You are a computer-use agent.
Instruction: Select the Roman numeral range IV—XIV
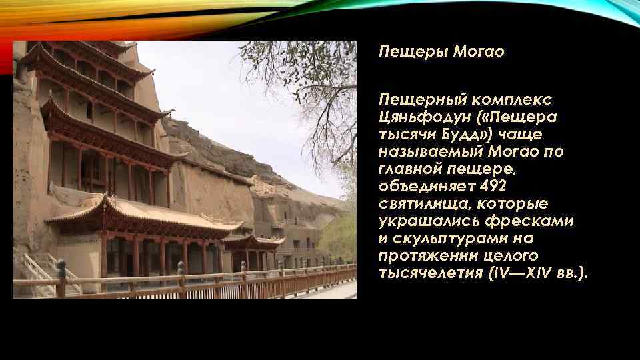521,273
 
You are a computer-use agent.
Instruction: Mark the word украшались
423,221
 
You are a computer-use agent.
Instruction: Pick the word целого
507,255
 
